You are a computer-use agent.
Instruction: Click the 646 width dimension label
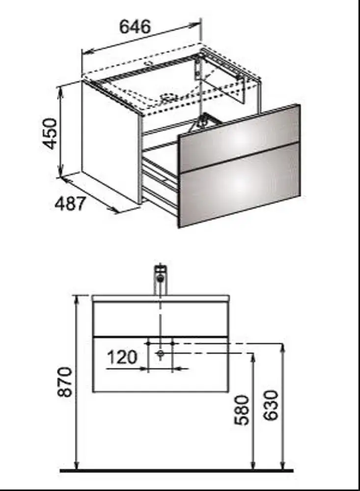135,27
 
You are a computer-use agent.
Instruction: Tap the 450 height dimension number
50,133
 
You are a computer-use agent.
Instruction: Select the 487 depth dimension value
70,204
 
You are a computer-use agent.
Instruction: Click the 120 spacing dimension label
122,357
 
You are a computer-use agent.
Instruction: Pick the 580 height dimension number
242,410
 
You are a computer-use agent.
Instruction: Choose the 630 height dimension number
271,405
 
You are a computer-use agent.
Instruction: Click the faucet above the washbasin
161,280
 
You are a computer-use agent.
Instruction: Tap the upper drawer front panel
240,132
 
